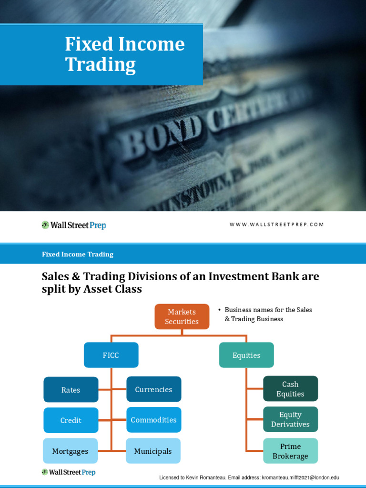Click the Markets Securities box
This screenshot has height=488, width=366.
pyautogui.click(x=182, y=316)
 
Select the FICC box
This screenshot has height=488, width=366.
pyautogui.click(x=111, y=355)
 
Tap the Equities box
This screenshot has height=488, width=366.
pyautogui.click(x=246, y=355)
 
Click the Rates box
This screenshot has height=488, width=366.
pyautogui.click(x=71, y=390)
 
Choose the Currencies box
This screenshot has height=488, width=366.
pyautogui.click(x=153, y=389)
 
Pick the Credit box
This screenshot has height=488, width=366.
pyautogui.click(x=71, y=420)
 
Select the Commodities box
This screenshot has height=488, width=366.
pyautogui.click(x=153, y=420)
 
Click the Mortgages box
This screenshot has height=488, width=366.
pyautogui.click(x=70, y=451)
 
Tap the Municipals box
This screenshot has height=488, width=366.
pyautogui.click(x=153, y=451)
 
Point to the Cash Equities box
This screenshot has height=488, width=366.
pyautogui.click(x=290, y=389)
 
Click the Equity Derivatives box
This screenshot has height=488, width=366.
pyautogui.click(x=290, y=419)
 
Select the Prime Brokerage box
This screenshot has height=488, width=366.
pyautogui.click(x=290, y=451)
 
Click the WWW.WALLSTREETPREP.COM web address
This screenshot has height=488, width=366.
pyautogui.click(x=276, y=224)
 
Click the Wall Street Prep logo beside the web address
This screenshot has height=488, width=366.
pyautogui.click(x=73, y=225)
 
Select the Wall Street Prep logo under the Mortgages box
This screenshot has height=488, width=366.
pyautogui.click(x=68, y=472)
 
